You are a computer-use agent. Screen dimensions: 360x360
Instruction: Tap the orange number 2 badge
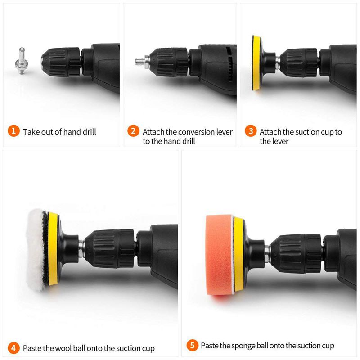pos(133,131)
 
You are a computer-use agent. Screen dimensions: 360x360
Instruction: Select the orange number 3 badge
pos(251,131)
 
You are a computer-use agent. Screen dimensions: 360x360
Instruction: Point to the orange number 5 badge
pos(192,346)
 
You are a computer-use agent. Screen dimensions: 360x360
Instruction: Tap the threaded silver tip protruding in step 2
pos(139,60)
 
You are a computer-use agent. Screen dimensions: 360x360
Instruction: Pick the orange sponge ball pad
pos(219,254)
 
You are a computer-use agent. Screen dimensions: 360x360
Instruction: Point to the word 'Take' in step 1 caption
pos(31,132)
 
